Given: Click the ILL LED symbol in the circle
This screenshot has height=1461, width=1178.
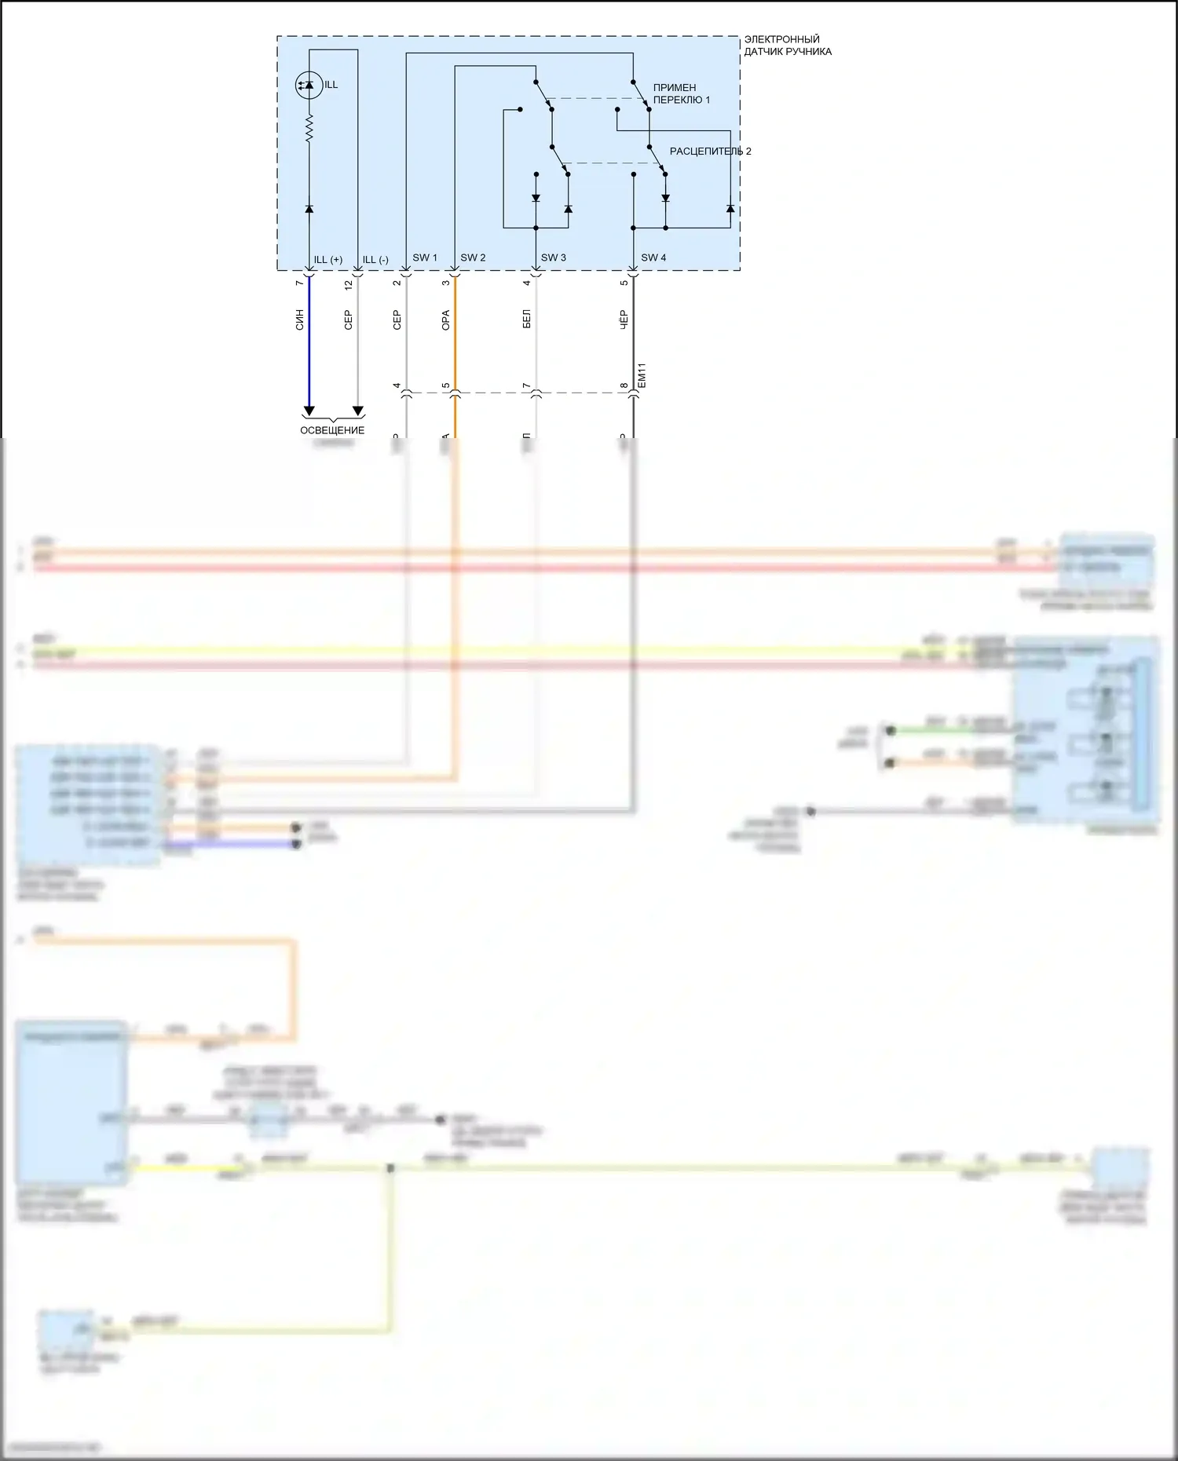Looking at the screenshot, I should point(309,85).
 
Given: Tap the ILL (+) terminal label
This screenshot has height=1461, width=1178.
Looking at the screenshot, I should point(327,260).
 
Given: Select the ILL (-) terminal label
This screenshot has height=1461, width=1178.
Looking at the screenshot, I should point(375,260).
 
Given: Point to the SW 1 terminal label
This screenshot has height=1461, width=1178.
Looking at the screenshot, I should point(425,258).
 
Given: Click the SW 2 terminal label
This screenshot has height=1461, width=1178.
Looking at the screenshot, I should point(473,258).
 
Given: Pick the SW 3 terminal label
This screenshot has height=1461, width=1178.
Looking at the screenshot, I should point(553,258).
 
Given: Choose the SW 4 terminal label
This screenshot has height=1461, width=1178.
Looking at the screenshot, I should point(653,258).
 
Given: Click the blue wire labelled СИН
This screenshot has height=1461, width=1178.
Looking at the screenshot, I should point(309,345).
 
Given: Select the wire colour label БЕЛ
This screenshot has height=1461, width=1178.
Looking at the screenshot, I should point(527,319).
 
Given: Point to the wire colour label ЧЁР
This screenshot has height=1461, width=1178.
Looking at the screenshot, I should point(624,319).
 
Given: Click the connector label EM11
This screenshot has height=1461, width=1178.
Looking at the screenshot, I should point(642,374).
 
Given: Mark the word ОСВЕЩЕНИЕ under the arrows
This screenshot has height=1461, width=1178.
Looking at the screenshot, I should point(332,430).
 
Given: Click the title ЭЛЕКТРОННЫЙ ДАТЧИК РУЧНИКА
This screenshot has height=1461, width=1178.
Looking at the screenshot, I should point(787,46).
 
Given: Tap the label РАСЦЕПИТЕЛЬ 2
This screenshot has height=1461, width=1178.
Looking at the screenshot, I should point(710,151).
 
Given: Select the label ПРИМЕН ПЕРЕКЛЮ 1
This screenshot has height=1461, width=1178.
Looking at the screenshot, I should point(681,93).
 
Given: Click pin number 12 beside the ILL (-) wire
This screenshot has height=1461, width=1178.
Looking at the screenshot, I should point(349,285).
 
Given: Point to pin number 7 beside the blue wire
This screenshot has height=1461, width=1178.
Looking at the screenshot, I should point(299,283).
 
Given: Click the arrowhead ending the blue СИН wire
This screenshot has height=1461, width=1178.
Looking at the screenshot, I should point(309,411).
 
